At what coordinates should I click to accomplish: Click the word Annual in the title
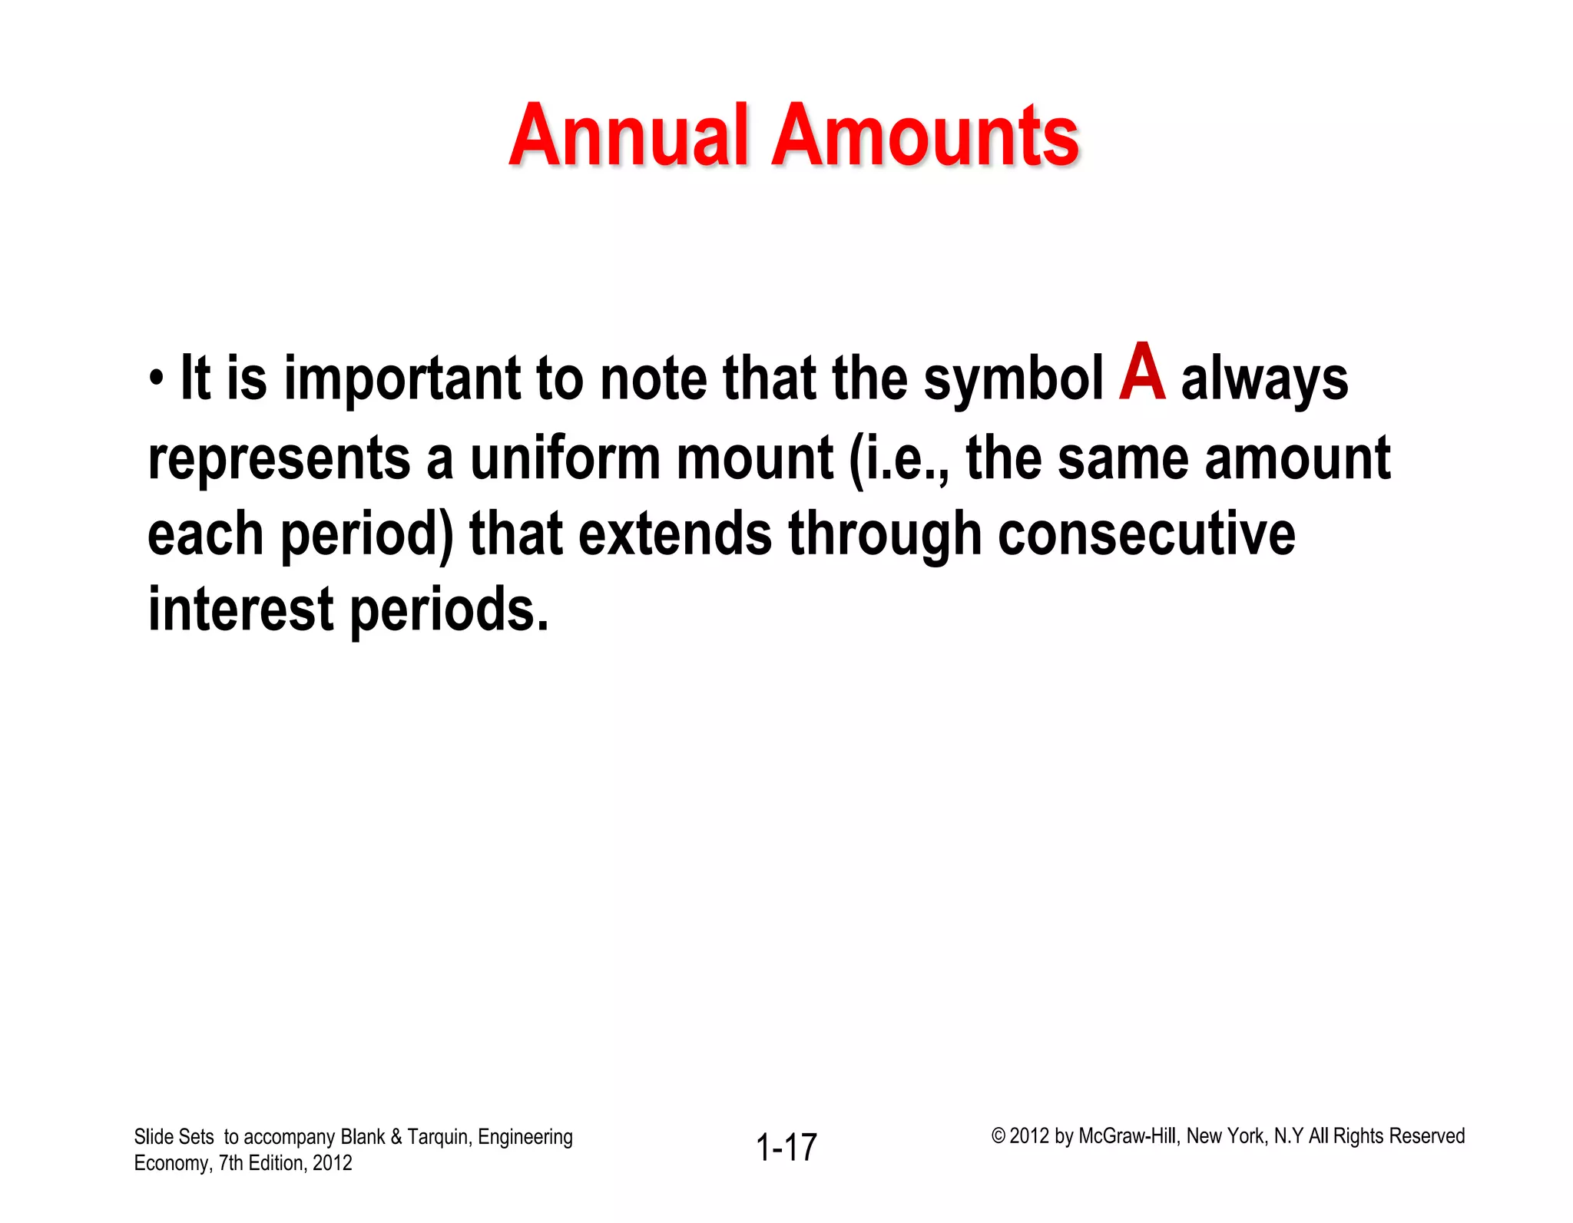coord(628,137)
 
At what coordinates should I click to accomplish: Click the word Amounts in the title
coord(925,137)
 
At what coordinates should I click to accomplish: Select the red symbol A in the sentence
coord(1142,373)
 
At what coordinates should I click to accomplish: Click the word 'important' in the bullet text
coord(402,379)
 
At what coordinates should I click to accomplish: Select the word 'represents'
coord(279,459)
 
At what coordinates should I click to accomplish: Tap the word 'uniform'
coord(565,458)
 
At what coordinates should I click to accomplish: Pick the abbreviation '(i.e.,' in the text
coord(899,459)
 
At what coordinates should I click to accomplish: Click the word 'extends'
coord(674,534)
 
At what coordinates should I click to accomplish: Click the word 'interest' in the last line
coord(240,610)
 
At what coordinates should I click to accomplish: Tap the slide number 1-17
coord(786,1148)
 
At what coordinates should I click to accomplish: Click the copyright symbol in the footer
coord(998,1136)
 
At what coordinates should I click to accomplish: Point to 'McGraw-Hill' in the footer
coord(1127,1136)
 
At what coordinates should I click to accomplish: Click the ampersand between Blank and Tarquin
coord(396,1137)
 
